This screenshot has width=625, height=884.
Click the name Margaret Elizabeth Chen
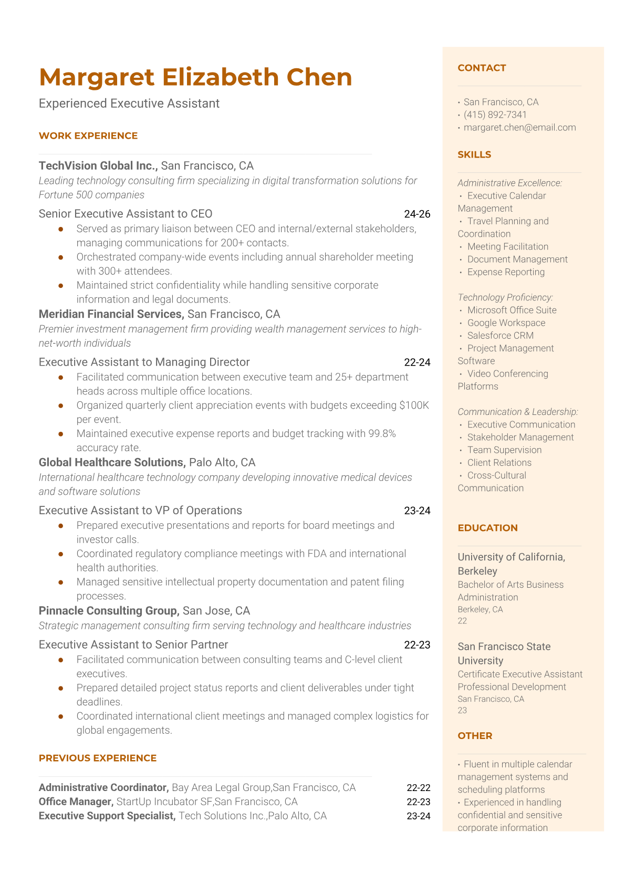click(195, 77)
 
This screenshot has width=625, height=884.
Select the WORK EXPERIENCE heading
click(88, 136)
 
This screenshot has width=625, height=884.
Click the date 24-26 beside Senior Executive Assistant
click(417, 214)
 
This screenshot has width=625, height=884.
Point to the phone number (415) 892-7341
click(495, 115)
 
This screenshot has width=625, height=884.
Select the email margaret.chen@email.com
click(519, 127)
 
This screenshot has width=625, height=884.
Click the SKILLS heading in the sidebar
click(474, 154)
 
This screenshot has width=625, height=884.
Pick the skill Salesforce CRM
click(500, 336)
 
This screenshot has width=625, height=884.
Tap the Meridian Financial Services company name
click(111, 314)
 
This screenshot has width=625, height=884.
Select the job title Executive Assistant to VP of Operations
click(140, 511)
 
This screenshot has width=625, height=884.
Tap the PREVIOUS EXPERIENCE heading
click(98, 758)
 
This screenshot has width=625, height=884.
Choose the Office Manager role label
click(76, 802)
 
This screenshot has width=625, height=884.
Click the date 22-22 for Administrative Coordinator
click(418, 787)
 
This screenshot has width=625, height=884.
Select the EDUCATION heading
click(487, 528)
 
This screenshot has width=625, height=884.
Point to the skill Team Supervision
click(504, 450)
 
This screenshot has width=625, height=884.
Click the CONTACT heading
click(482, 68)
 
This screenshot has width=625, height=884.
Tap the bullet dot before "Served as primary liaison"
click(61, 229)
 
